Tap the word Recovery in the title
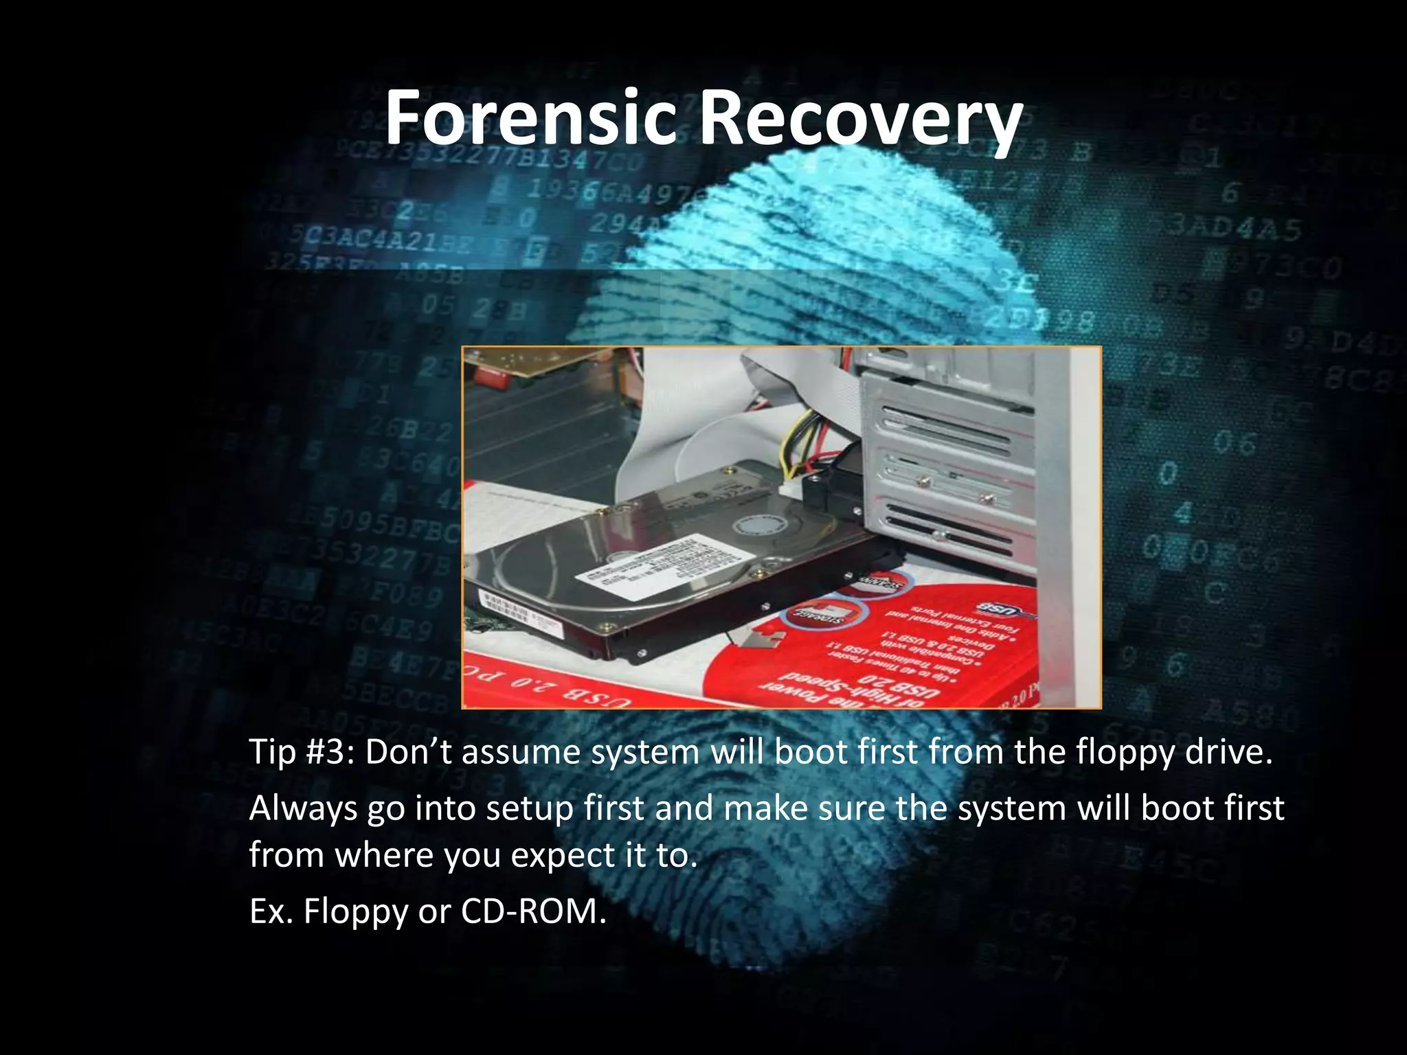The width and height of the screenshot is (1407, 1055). click(x=860, y=121)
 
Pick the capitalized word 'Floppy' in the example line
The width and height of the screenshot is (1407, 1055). click(x=356, y=913)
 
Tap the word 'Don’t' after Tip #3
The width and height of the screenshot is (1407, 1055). click(x=408, y=752)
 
